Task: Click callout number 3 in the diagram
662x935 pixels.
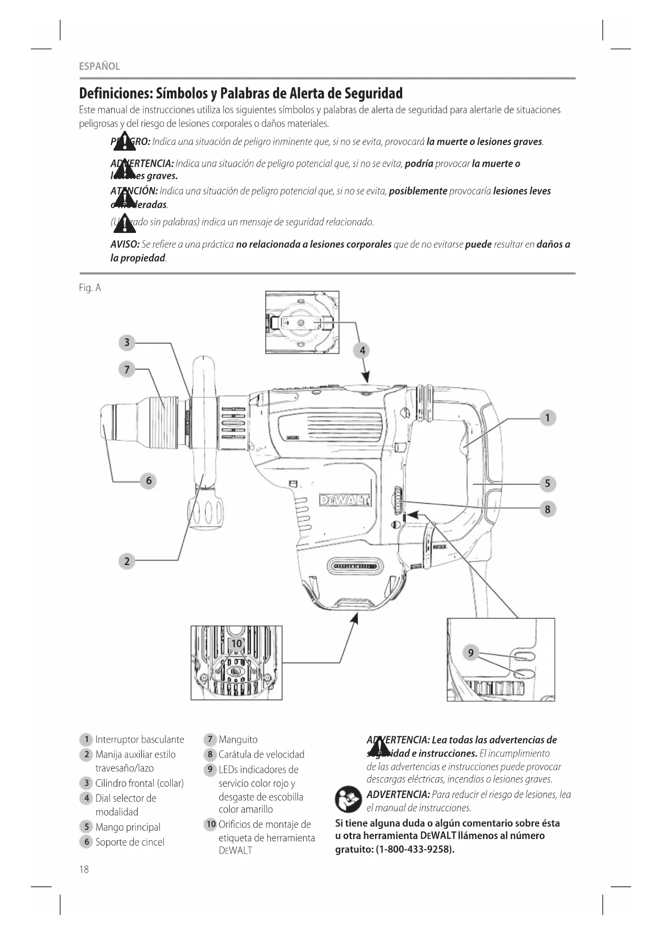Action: pyautogui.click(x=127, y=342)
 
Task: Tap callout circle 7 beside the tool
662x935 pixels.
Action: pyautogui.click(x=127, y=369)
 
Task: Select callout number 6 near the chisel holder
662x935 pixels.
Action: pyautogui.click(x=149, y=481)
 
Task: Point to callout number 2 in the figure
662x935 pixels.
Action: pyautogui.click(x=127, y=561)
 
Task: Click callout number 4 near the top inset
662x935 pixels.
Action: pyautogui.click(x=362, y=350)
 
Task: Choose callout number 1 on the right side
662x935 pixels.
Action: pyautogui.click(x=547, y=418)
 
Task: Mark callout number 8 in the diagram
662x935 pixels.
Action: pyautogui.click(x=547, y=509)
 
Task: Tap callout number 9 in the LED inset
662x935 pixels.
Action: pyautogui.click(x=470, y=652)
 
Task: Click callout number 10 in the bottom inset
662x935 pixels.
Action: pyautogui.click(x=236, y=643)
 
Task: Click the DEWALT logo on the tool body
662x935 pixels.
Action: pyautogui.click(x=344, y=500)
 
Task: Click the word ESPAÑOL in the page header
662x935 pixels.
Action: pyautogui.click(x=99, y=67)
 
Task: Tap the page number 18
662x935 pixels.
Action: pyautogui.click(x=84, y=869)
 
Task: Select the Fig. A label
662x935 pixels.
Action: pyautogui.click(x=90, y=288)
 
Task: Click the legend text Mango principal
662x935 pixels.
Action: pyautogui.click(x=127, y=827)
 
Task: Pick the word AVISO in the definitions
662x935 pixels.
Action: pyautogui.click(x=124, y=245)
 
